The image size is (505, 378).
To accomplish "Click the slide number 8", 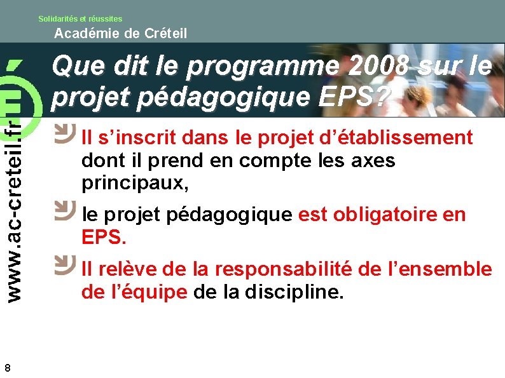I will pyautogui.click(x=7, y=367).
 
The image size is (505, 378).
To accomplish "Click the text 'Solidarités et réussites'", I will pyautogui.click(x=80, y=19).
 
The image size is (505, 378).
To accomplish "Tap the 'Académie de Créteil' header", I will pyautogui.click(x=121, y=34).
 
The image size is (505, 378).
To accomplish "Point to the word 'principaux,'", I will pyautogui.click(x=135, y=184).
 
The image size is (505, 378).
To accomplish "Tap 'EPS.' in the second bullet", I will pyautogui.click(x=104, y=238).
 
